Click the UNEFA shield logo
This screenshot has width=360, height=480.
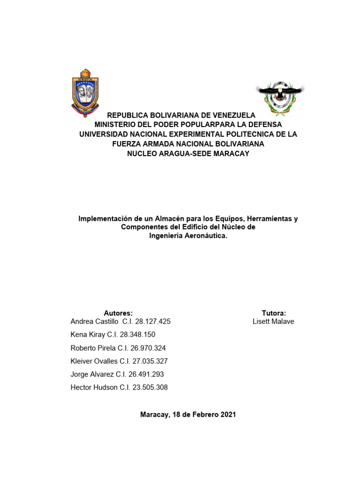pos(85,93)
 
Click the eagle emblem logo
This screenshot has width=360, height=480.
pos(280,97)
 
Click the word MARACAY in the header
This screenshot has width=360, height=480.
pos(228,153)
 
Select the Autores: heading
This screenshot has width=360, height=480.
pos(118,313)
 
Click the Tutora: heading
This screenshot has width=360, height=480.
pos(274,313)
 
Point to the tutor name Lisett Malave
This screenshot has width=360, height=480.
pos(273,322)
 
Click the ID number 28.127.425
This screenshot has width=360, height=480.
pos(153,322)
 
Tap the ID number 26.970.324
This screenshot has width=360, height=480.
pos(148,348)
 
